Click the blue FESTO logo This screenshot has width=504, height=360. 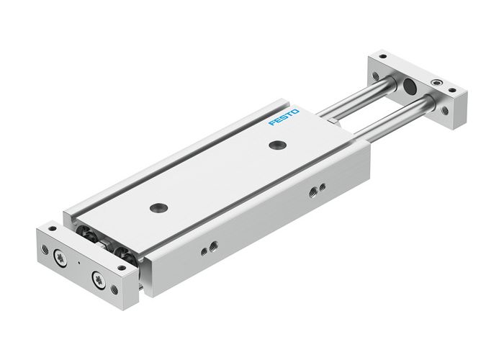point(282,117)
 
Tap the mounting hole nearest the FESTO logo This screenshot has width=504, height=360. point(275,146)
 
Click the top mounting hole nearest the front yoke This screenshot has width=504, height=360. point(156,209)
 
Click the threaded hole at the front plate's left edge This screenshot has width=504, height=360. point(45,249)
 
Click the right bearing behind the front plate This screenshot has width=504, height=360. point(124,253)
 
